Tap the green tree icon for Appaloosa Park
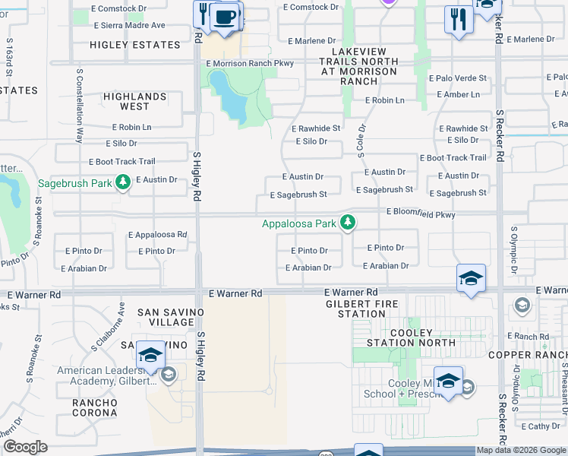(348, 223)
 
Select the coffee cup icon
(224, 18)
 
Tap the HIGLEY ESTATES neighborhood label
(135, 45)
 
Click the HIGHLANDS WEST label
(135, 102)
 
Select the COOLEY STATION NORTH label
(411, 338)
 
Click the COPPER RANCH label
(527, 355)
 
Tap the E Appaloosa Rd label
(157, 235)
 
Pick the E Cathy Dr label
(540, 426)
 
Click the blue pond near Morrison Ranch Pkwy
(228, 97)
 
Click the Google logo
(25, 447)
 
